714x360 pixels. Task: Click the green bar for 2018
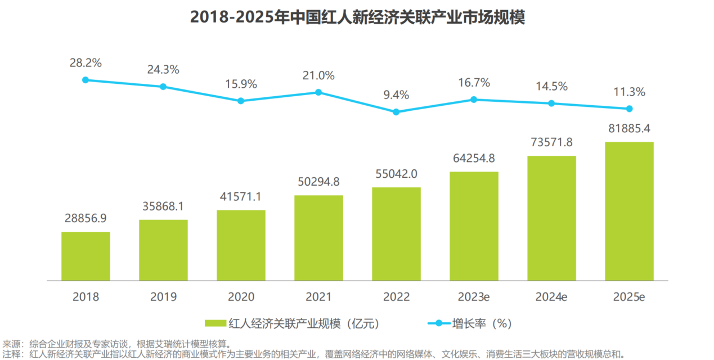coord(86,256)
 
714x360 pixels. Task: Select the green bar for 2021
coord(319,238)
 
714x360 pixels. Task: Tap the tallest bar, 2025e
coord(629,211)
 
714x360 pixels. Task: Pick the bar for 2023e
coord(474,226)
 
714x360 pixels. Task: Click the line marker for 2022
coord(396,112)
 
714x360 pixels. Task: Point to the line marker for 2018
coord(86,80)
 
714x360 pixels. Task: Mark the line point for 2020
coord(241,101)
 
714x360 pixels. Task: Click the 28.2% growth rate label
coord(86,63)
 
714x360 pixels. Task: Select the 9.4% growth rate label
coord(396,94)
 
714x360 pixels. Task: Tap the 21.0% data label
coord(319,75)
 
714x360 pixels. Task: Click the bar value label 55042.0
coord(396,174)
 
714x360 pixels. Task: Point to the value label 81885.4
coord(629,128)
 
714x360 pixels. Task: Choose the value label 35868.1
coord(163,206)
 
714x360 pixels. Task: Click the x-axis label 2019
coord(164,297)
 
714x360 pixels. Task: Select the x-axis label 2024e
coord(551,297)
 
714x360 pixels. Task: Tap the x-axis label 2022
coord(396,297)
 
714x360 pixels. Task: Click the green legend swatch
coord(215,323)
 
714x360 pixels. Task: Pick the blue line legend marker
coord(439,323)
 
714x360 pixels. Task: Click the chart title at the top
coord(357,17)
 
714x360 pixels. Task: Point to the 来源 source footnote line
coord(116,344)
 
